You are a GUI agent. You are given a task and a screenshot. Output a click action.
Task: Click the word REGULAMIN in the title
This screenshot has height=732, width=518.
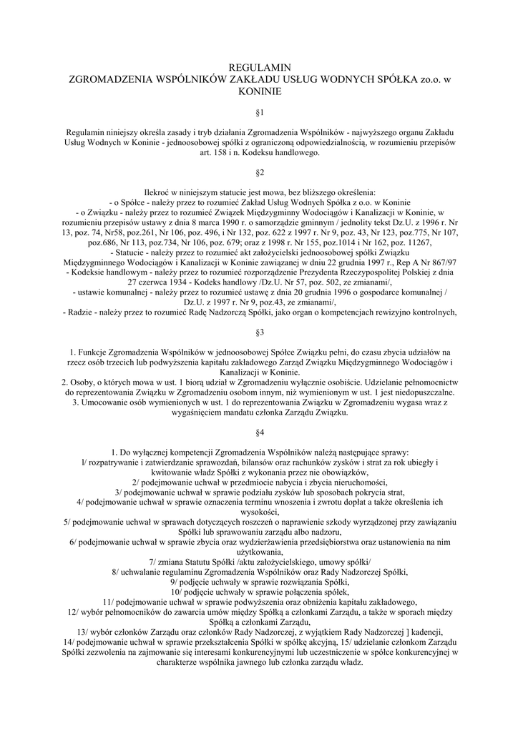[x=259, y=67]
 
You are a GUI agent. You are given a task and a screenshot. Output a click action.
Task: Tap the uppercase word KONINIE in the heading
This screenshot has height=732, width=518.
[x=259, y=91]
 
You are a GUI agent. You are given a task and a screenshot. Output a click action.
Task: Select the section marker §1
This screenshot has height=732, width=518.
[x=259, y=113]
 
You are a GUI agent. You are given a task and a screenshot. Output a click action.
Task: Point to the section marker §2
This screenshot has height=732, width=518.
[x=259, y=172]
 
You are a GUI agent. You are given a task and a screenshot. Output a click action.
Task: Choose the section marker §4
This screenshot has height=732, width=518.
[x=259, y=432]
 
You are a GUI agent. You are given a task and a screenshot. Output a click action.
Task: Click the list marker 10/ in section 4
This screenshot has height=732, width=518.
[x=176, y=592]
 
